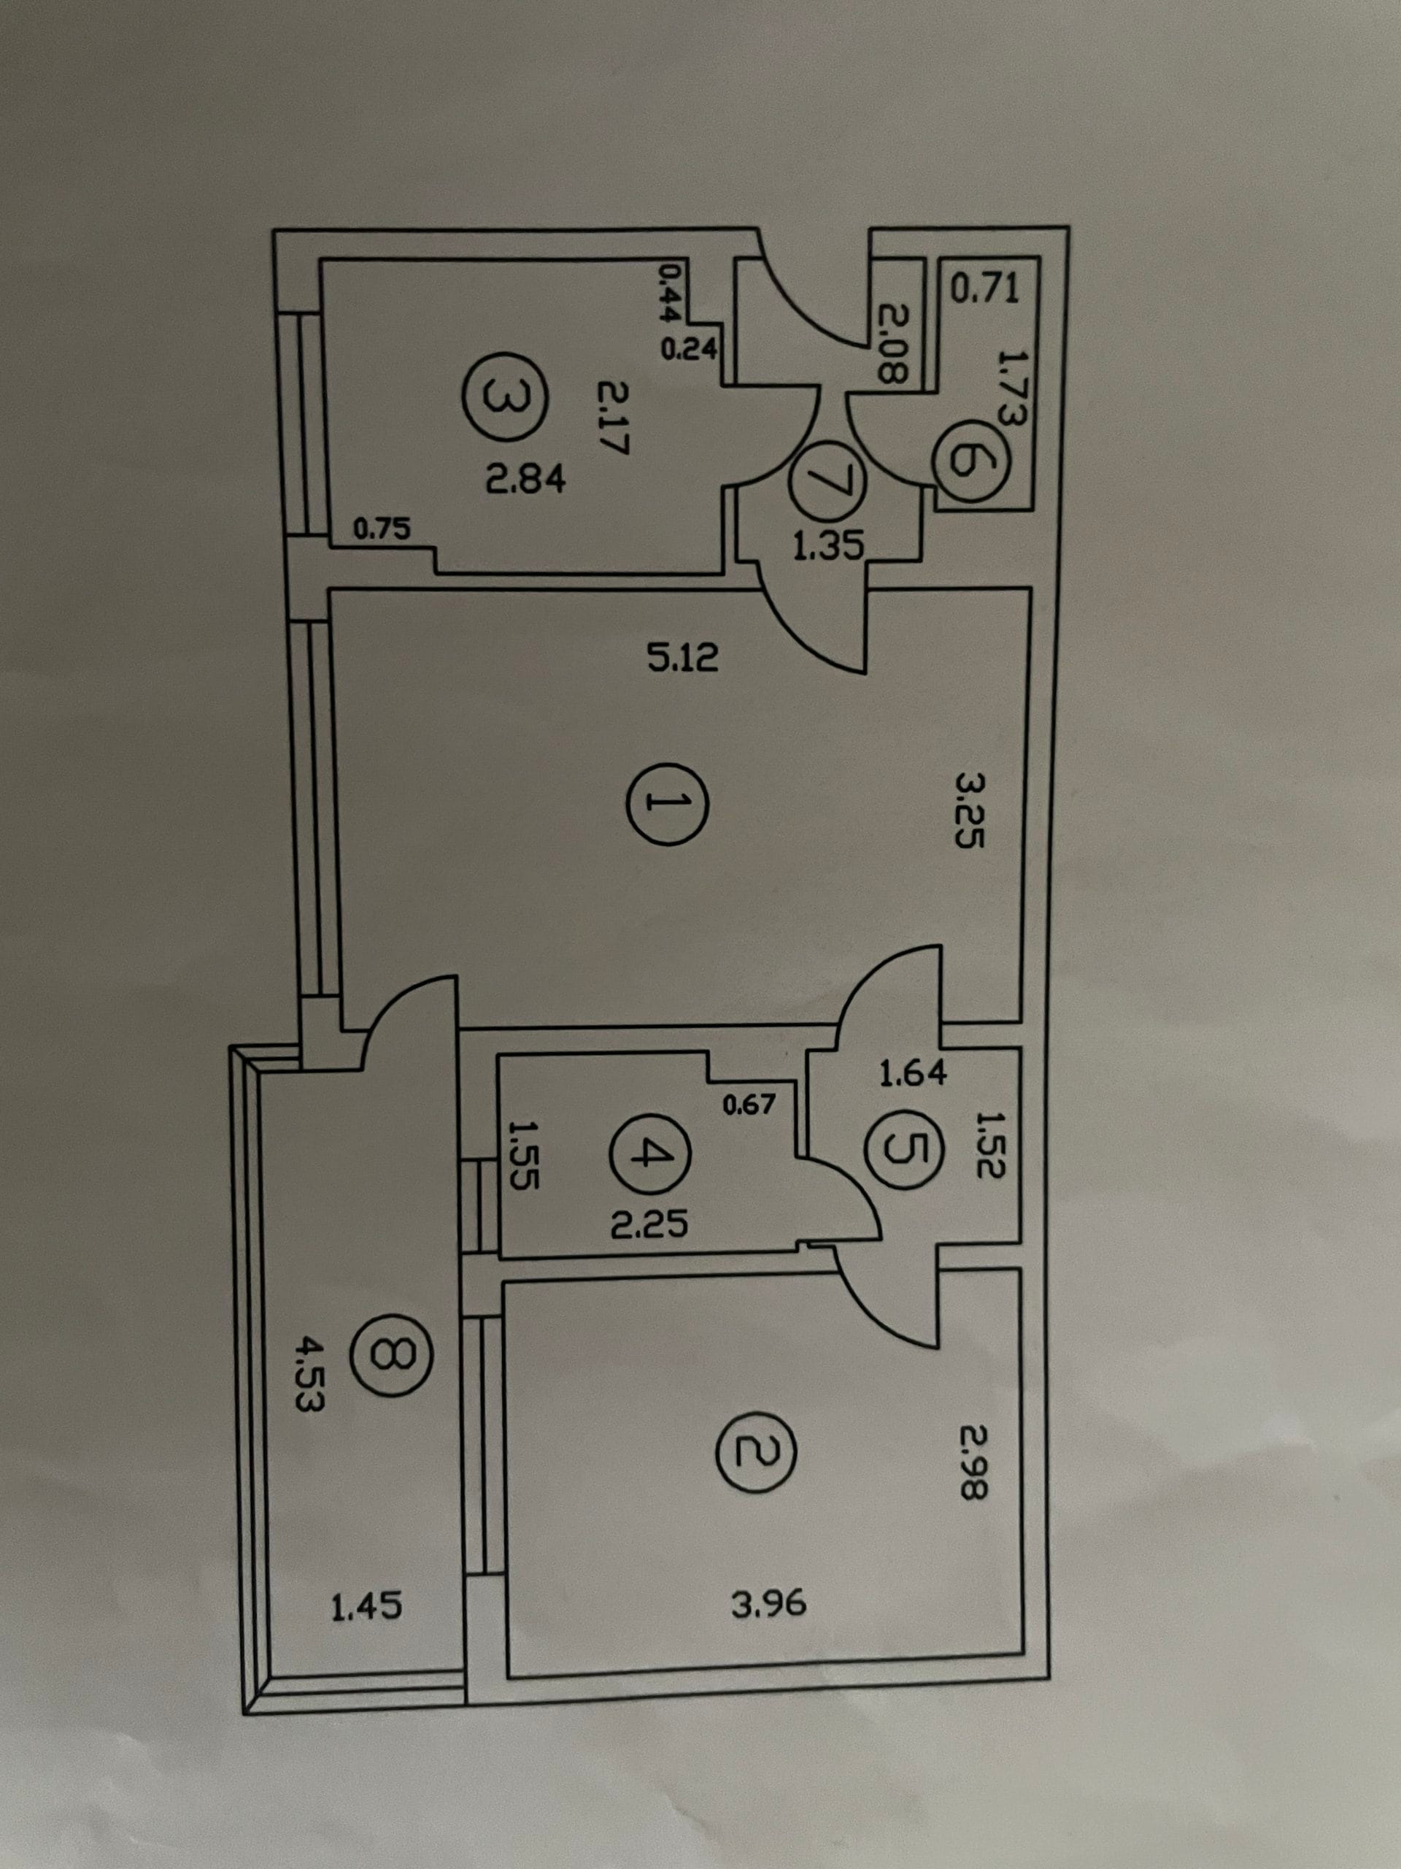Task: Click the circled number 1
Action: tap(667, 805)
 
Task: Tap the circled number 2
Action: tap(756, 1451)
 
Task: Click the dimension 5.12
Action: tap(683, 656)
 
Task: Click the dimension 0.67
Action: tap(749, 1102)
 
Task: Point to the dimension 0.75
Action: tap(382, 530)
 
